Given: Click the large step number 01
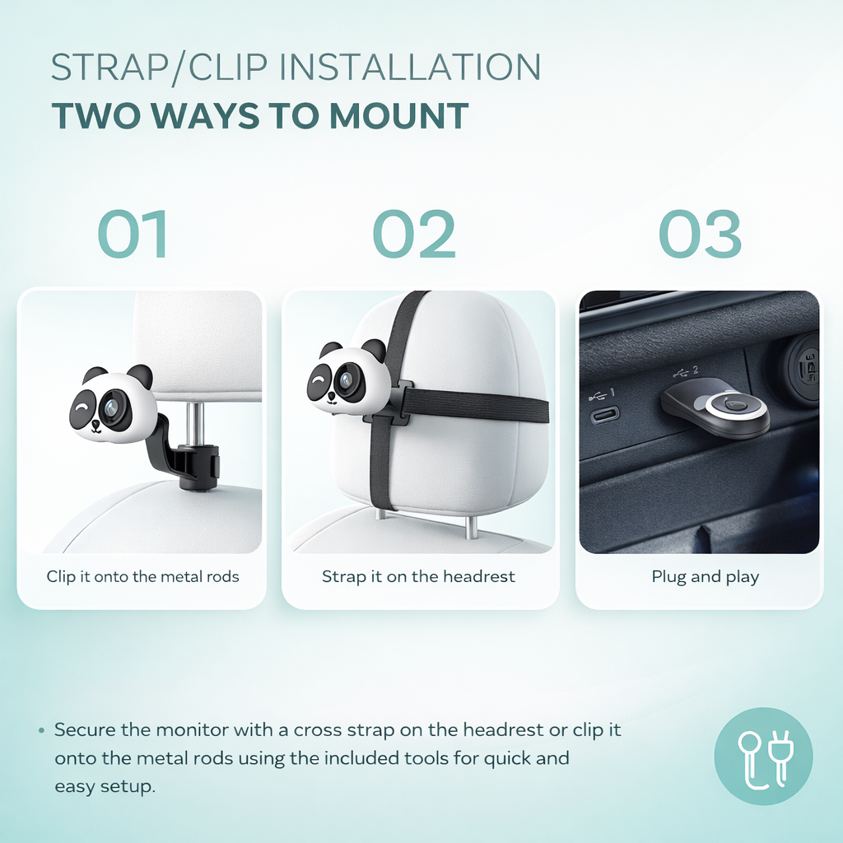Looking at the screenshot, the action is (133, 234).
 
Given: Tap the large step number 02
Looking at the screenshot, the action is (414, 234).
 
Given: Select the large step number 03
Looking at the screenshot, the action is (700, 234).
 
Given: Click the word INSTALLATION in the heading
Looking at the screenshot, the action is (410, 68).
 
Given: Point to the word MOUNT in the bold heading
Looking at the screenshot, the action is (399, 116).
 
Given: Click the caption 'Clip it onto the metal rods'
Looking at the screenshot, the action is (142, 576).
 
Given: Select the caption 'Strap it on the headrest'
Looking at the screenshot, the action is (418, 576).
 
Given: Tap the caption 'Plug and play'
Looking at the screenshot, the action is (705, 577).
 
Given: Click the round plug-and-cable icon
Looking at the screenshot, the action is (763, 756).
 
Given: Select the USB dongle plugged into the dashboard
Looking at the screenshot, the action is (715, 408).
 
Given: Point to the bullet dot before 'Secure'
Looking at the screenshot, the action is (41, 731).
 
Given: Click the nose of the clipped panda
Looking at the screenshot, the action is (95, 424).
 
